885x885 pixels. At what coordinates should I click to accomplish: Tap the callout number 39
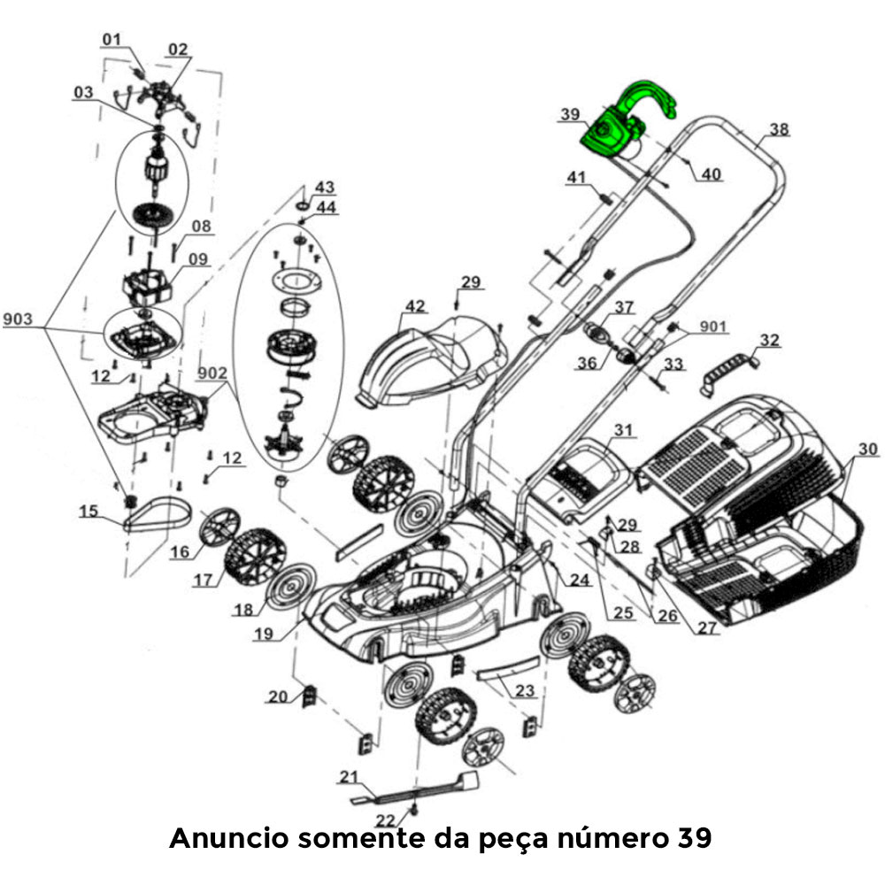570,115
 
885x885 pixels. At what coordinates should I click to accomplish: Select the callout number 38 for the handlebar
778,129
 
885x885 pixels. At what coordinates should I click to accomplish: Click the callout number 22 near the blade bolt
385,820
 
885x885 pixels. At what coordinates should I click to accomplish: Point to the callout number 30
868,450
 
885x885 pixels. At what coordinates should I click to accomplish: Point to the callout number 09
196,259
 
